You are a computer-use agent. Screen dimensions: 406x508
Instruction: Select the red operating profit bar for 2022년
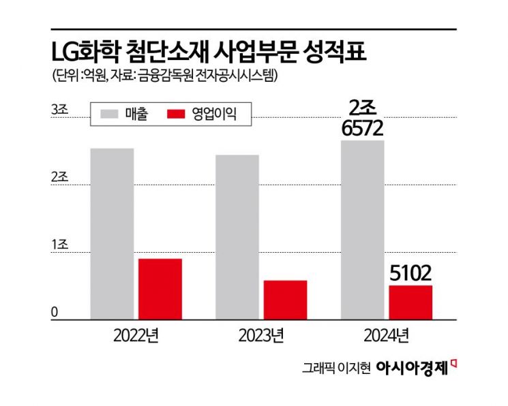pyautogui.click(x=160, y=289)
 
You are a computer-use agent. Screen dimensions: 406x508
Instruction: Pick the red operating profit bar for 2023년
pyautogui.click(x=285, y=300)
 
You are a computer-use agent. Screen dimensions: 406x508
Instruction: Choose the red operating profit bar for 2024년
pyautogui.click(x=410, y=302)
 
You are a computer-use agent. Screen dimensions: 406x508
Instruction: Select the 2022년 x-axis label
pyautogui.click(x=136, y=335)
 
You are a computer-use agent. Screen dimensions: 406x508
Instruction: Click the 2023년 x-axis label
pyautogui.click(x=261, y=335)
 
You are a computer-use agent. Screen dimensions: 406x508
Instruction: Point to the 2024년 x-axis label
pyautogui.click(x=387, y=335)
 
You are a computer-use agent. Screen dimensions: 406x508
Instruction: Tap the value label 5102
pyautogui.click(x=410, y=274)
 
